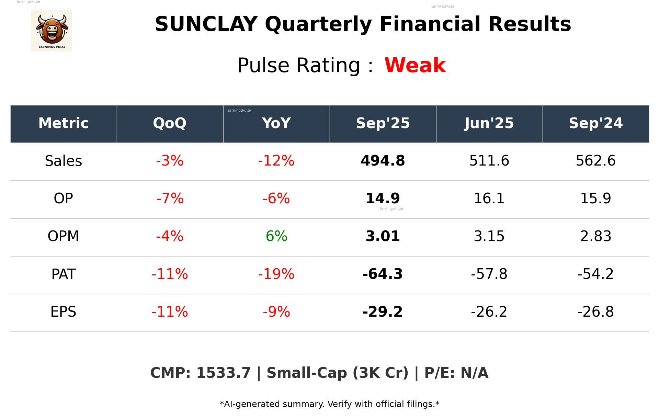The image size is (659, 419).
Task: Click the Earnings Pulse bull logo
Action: pos(52,31)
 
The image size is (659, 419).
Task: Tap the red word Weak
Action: pos(415,65)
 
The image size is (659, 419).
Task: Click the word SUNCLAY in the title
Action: pos(206,24)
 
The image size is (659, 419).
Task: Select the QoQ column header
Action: pos(170,123)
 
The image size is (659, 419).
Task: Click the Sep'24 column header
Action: pos(595,123)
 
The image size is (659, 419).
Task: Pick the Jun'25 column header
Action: pos(489,123)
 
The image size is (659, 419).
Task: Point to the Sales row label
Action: pos(64,161)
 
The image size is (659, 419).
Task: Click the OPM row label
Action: pos(64,236)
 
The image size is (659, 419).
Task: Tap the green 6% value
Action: pos(276,236)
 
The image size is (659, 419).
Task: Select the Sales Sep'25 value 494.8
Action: pos(383,161)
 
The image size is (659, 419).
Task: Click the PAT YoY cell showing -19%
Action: pos(276,274)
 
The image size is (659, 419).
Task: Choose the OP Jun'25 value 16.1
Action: pos(489,199)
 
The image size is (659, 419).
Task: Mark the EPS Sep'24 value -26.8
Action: pos(595,312)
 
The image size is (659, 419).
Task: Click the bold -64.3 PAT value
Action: pos(383,274)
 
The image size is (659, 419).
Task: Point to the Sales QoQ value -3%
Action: pos(170,161)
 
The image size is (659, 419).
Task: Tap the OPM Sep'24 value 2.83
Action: pos(595,236)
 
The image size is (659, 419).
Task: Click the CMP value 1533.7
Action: pos(223,373)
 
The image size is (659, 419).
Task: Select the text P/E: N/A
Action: pos(456,373)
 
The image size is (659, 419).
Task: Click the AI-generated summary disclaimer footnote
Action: pos(329,404)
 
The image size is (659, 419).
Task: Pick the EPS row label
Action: pos(64,312)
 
